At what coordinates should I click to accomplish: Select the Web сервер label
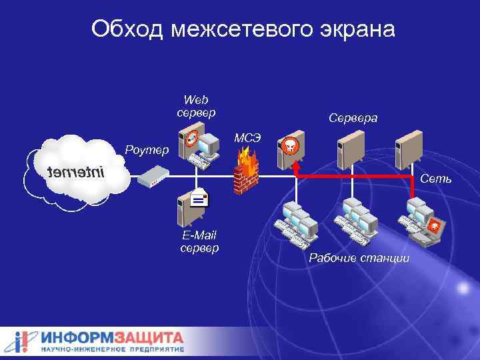pyautogui.click(x=196, y=107)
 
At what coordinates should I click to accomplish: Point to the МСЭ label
pyautogui.click(x=247, y=138)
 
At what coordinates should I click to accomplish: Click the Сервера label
pyautogui.click(x=353, y=118)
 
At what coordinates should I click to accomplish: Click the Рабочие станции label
pyautogui.click(x=359, y=258)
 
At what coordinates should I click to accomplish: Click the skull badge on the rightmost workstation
pyautogui.click(x=434, y=225)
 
